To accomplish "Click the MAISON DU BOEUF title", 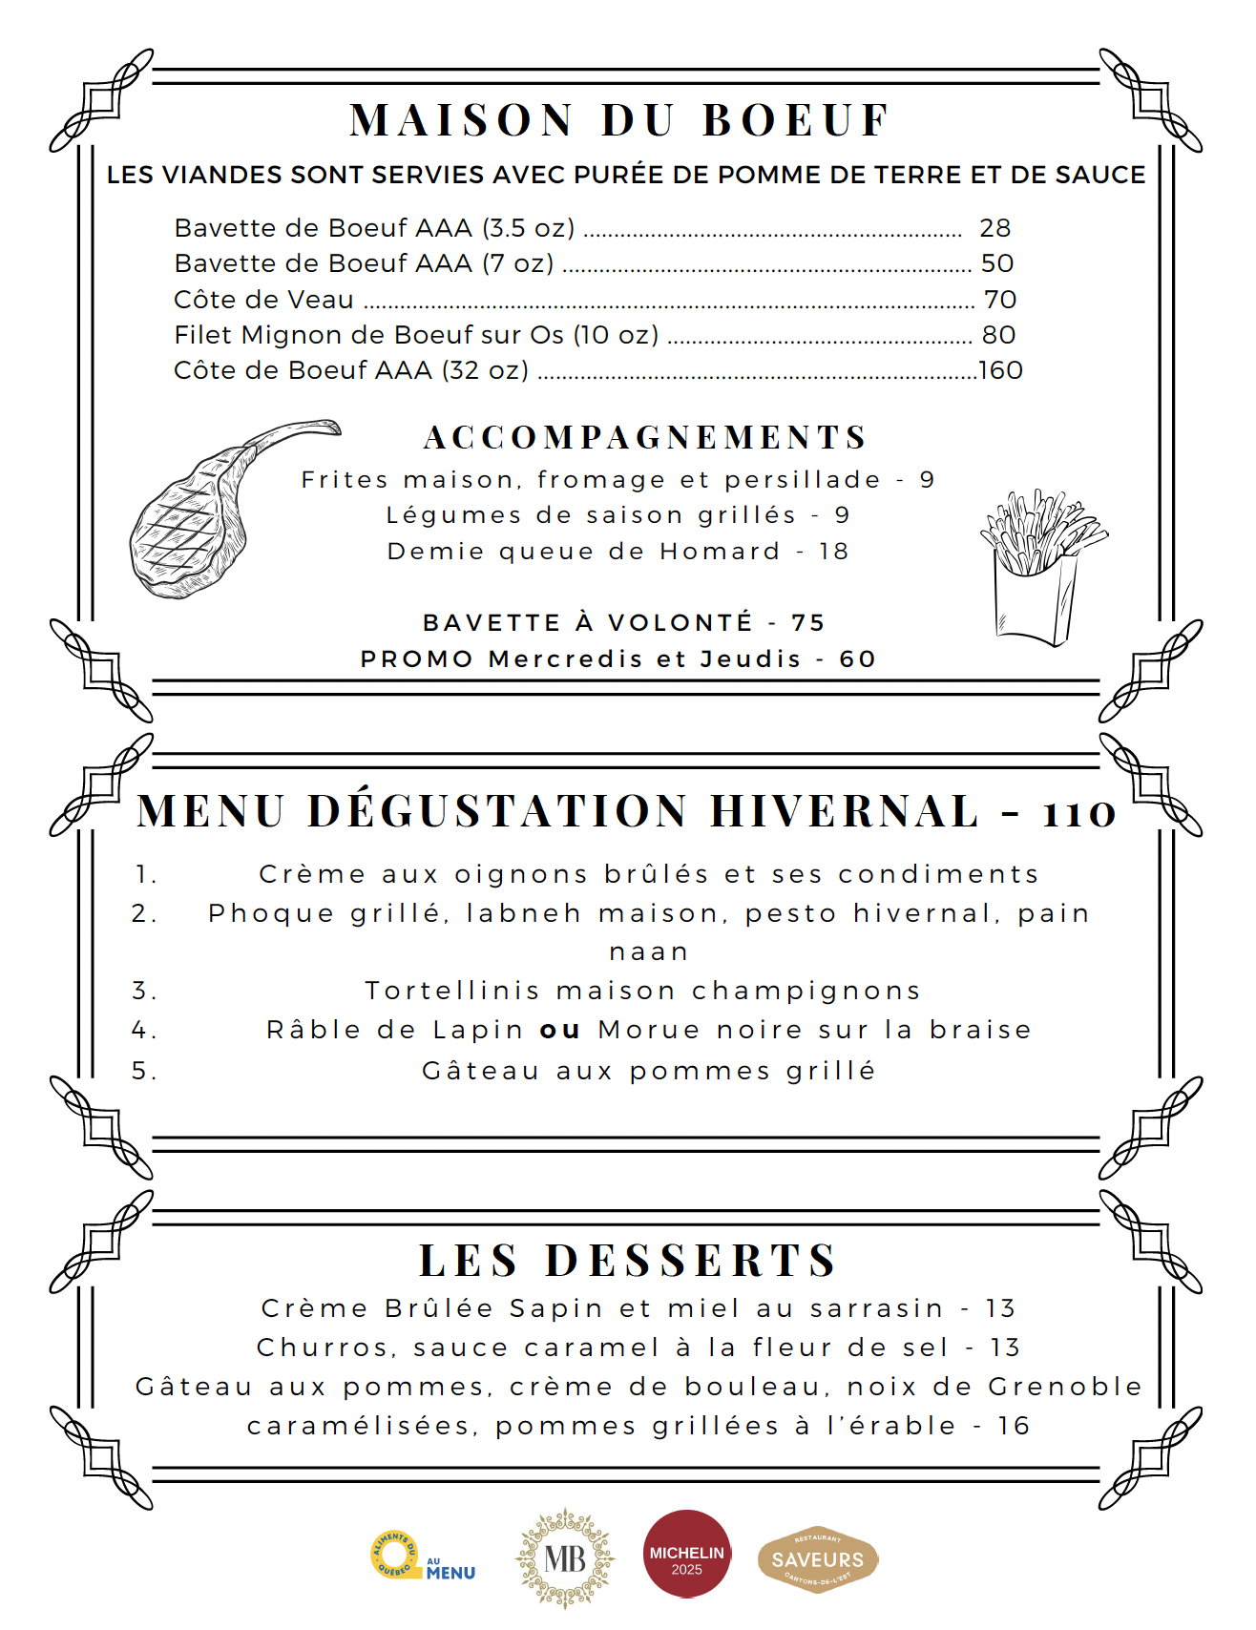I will click(x=620, y=121).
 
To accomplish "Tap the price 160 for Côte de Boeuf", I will click(x=1000, y=370).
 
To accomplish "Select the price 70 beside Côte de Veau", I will click(x=999, y=300).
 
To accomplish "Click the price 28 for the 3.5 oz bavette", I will click(x=994, y=228).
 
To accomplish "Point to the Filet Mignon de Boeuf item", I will click(x=416, y=335).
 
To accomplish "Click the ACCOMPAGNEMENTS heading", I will click(x=645, y=437).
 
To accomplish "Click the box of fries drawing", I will click(x=1040, y=568).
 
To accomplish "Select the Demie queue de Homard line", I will click(x=618, y=552).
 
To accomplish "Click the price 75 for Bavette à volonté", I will click(x=807, y=623).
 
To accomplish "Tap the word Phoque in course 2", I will click(x=271, y=913).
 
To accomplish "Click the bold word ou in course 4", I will click(x=560, y=1030).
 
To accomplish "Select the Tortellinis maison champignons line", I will click(x=642, y=991).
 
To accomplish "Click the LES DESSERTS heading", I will click(x=627, y=1260).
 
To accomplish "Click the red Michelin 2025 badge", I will click(x=686, y=1553).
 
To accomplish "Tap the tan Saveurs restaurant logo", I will click(x=818, y=1559).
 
